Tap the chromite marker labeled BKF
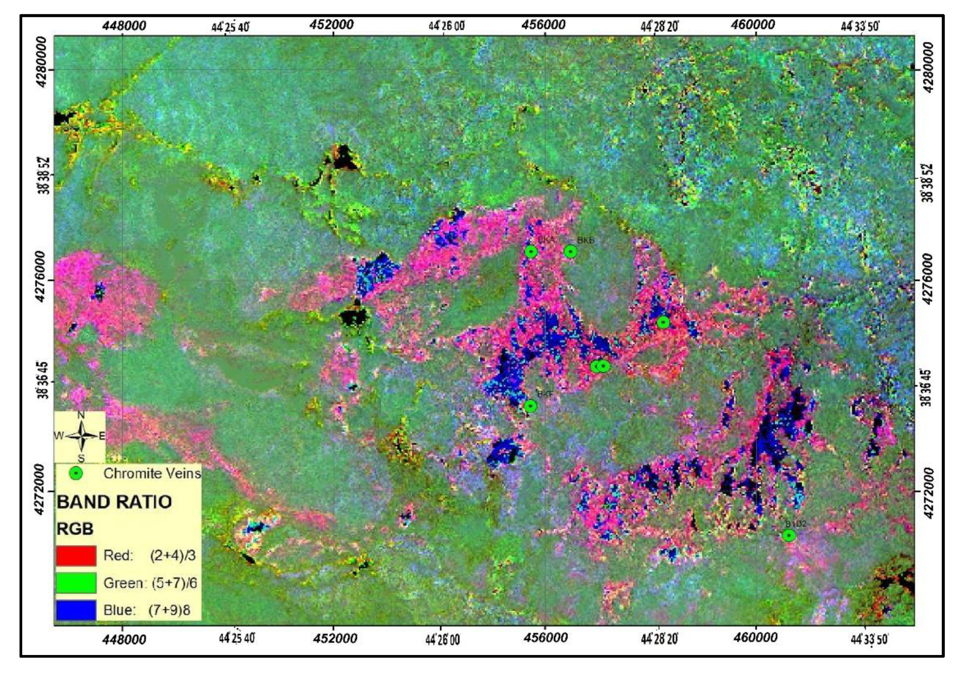530,406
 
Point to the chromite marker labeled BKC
664,322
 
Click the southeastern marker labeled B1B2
789,535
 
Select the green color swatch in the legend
76,583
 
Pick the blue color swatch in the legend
76,610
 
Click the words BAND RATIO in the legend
114,502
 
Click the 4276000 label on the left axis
42,276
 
